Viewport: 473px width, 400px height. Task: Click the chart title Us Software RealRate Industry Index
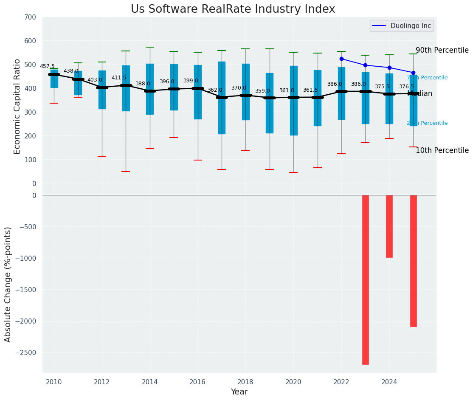[x=233, y=9]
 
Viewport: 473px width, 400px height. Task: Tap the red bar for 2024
[x=389, y=226]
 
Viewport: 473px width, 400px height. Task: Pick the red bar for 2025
[x=413, y=261]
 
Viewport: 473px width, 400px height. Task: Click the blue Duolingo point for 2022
[x=341, y=59]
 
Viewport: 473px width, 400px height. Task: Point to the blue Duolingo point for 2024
[x=389, y=68]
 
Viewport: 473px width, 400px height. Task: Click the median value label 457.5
[x=47, y=66]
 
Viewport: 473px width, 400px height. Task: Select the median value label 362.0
[x=214, y=90]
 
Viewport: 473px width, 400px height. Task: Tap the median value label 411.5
[x=119, y=78]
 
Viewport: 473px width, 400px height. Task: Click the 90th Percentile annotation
[x=442, y=50]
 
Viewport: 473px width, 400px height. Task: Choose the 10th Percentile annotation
[x=442, y=150]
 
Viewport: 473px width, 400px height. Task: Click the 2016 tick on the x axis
[x=197, y=382]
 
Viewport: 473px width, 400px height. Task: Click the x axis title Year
[x=239, y=392]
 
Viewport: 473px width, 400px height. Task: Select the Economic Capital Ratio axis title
[x=17, y=106]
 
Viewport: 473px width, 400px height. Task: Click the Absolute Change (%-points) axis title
[x=8, y=284]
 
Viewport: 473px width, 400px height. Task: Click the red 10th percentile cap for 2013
[x=126, y=172]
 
